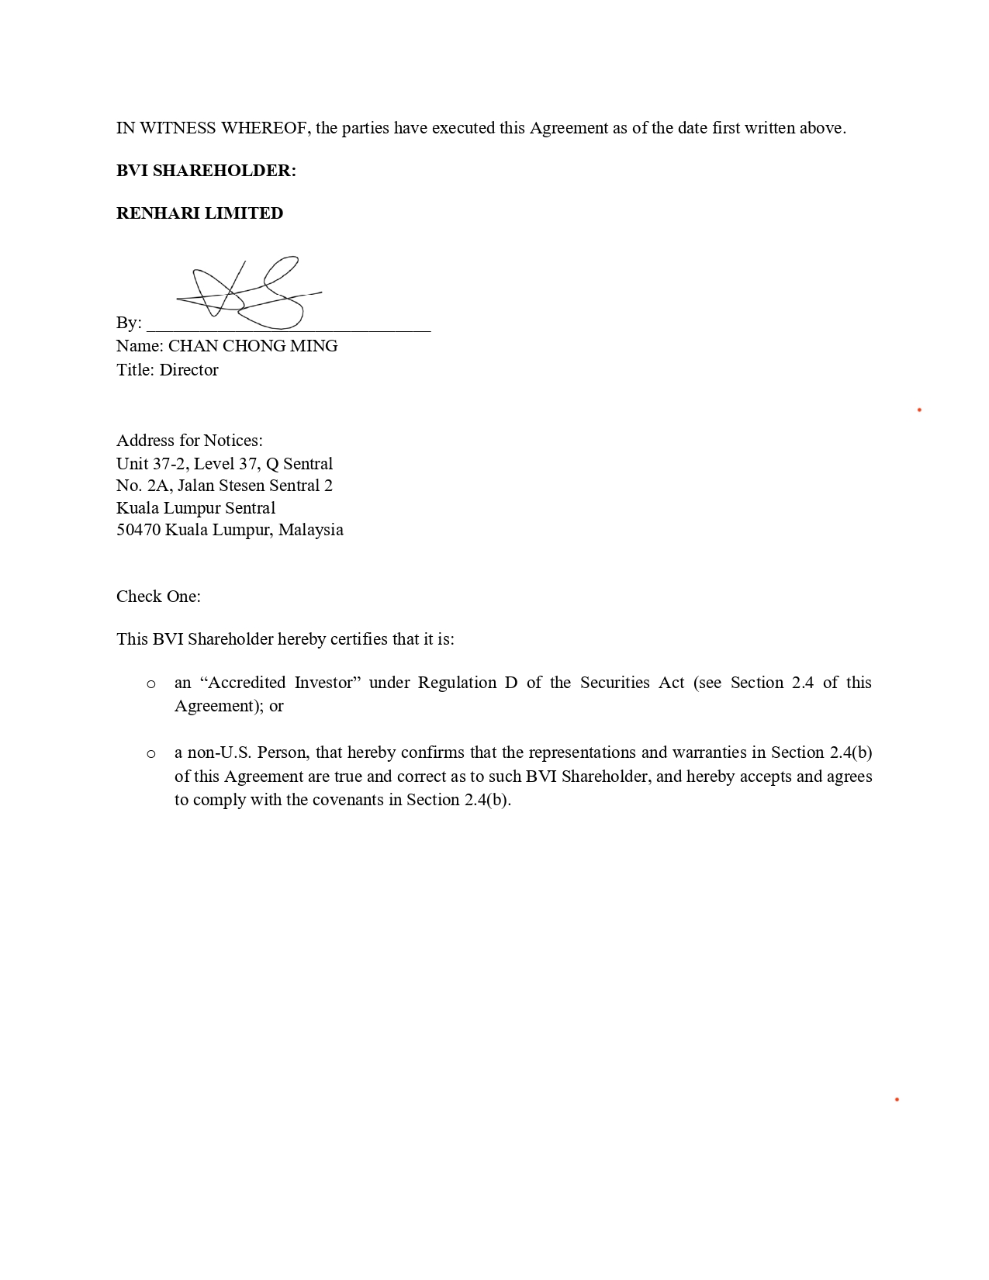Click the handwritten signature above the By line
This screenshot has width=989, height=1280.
(x=248, y=293)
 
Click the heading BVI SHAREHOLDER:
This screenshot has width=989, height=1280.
(x=206, y=171)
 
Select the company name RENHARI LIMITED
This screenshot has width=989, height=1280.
(x=199, y=213)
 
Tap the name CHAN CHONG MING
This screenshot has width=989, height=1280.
(x=253, y=346)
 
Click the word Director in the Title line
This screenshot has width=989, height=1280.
(x=188, y=370)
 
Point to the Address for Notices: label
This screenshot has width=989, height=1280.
(x=189, y=441)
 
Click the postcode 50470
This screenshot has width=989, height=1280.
(x=138, y=530)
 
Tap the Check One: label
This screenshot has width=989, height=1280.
(x=158, y=597)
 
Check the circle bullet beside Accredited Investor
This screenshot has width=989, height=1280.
(x=151, y=684)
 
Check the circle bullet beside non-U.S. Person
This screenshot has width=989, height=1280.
(x=151, y=754)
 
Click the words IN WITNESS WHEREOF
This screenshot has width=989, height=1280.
(x=212, y=128)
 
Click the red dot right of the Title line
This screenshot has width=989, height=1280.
(x=919, y=410)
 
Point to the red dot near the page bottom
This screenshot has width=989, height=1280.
(x=897, y=1099)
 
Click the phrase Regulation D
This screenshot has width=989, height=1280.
(x=467, y=683)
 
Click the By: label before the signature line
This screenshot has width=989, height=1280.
(x=129, y=323)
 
